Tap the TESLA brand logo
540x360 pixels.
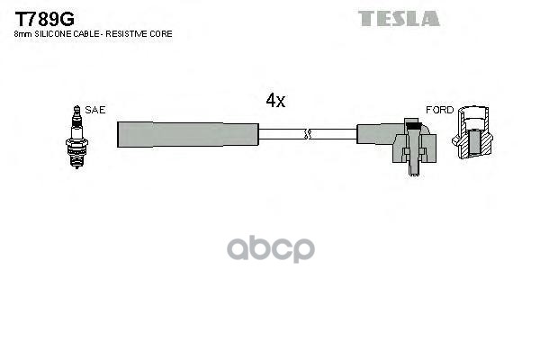[400, 18]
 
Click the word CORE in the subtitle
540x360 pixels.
[162, 34]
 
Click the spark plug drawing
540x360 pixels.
[76, 132]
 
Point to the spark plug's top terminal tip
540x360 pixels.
[76, 107]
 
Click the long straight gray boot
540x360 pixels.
[188, 133]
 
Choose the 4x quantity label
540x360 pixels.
[275, 101]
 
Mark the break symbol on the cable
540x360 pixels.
[307, 134]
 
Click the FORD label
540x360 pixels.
[440, 110]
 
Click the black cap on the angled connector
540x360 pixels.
[411, 121]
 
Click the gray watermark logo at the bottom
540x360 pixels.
[269, 248]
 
